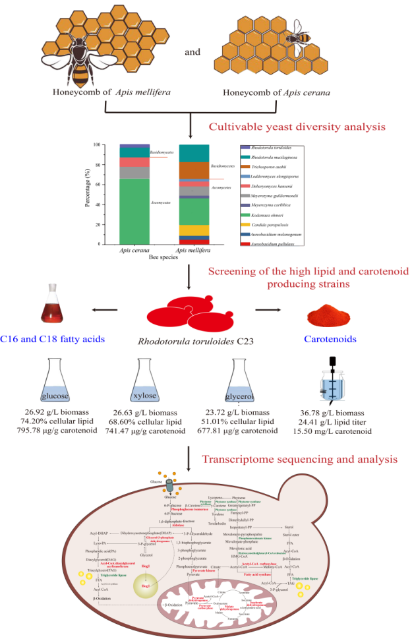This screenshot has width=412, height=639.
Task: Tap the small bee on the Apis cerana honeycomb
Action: pyautogui.click(x=297, y=44)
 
